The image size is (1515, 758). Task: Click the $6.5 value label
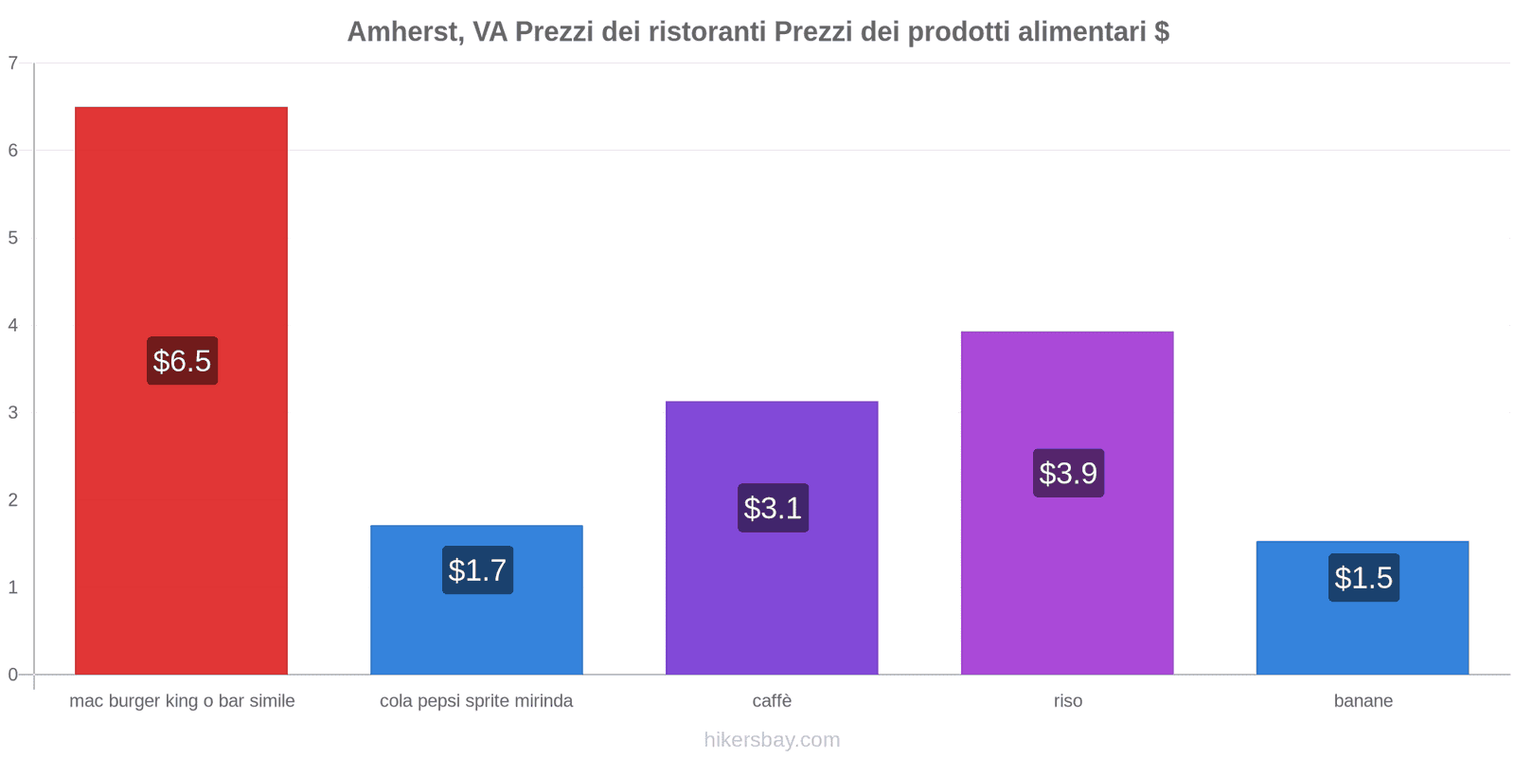coord(182,361)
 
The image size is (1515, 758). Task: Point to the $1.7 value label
coord(477,570)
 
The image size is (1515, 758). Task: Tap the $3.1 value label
coord(773,508)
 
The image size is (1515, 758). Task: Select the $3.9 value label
coord(1068,473)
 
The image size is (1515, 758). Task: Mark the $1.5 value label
coord(1363,578)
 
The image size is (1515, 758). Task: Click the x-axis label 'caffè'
coord(772,701)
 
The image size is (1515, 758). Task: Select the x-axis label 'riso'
coord(1067,701)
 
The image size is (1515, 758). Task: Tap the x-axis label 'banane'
coord(1363,701)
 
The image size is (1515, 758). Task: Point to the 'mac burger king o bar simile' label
coord(182,701)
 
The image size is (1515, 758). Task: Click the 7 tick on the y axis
coord(13,63)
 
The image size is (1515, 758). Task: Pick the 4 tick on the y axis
coord(13,325)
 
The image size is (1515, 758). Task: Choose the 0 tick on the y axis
coord(13,675)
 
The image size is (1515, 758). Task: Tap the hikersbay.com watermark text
coord(772,740)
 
